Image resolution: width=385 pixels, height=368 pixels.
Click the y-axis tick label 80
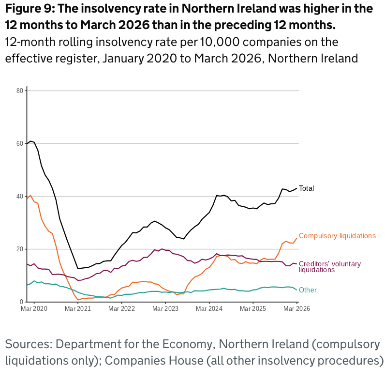pyautogui.click(x=20, y=91)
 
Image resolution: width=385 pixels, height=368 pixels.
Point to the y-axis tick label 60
pyautogui.click(x=20, y=143)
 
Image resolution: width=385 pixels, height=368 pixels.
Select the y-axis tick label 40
pyautogui.click(x=20, y=196)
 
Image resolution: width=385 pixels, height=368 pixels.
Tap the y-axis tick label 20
pyautogui.click(x=20, y=249)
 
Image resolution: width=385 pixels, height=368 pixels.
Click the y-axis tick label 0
pyautogui.click(x=21, y=302)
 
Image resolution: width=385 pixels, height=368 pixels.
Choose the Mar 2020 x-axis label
pyautogui.click(x=34, y=308)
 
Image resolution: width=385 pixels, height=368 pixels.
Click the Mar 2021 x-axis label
pyautogui.click(x=77, y=308)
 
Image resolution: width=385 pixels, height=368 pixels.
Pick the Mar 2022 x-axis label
pyautogui.click(x=121, y=308)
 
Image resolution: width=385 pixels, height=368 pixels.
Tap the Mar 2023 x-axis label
pyautogui.click(x=165, y=308)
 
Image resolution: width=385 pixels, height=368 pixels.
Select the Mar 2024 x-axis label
pyautogui.click(x=209, y=308)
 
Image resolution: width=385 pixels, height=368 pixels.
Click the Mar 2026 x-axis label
pyautogui.click(x=296, y=308)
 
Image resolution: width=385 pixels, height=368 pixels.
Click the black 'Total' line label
pyautogui.click(x=307, y=188)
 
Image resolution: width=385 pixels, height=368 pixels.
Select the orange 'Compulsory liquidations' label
pyautogui.click(x=337, y=236)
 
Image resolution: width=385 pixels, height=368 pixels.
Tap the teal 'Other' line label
pyautogui.click(x=308, y=290)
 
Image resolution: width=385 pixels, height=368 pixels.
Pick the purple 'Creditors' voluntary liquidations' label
pyautogui.click(x=330, y=266)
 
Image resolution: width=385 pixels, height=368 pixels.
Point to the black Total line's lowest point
pyautogui.click(x=78, y=269)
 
